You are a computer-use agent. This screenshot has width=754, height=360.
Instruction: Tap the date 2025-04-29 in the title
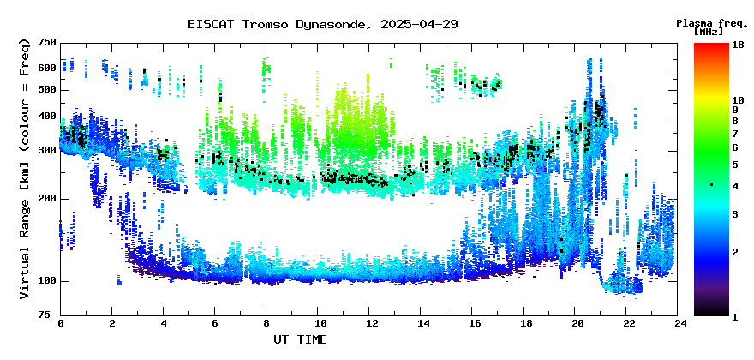419,25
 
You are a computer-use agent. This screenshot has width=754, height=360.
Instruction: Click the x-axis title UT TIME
300,339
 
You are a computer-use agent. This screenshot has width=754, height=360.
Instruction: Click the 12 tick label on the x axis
368,323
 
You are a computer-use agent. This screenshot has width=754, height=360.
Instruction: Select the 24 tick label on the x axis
678,323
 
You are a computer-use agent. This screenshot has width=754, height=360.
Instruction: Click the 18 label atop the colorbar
738,45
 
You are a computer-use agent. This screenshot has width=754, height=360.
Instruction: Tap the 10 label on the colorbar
738,100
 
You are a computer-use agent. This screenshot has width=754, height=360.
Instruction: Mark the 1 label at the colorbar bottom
735,316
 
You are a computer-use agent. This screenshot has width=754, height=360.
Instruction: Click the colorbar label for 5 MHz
735,165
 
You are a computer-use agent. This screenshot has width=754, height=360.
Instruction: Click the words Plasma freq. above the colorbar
712,24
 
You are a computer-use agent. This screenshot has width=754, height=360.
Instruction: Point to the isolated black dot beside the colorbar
712,185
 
